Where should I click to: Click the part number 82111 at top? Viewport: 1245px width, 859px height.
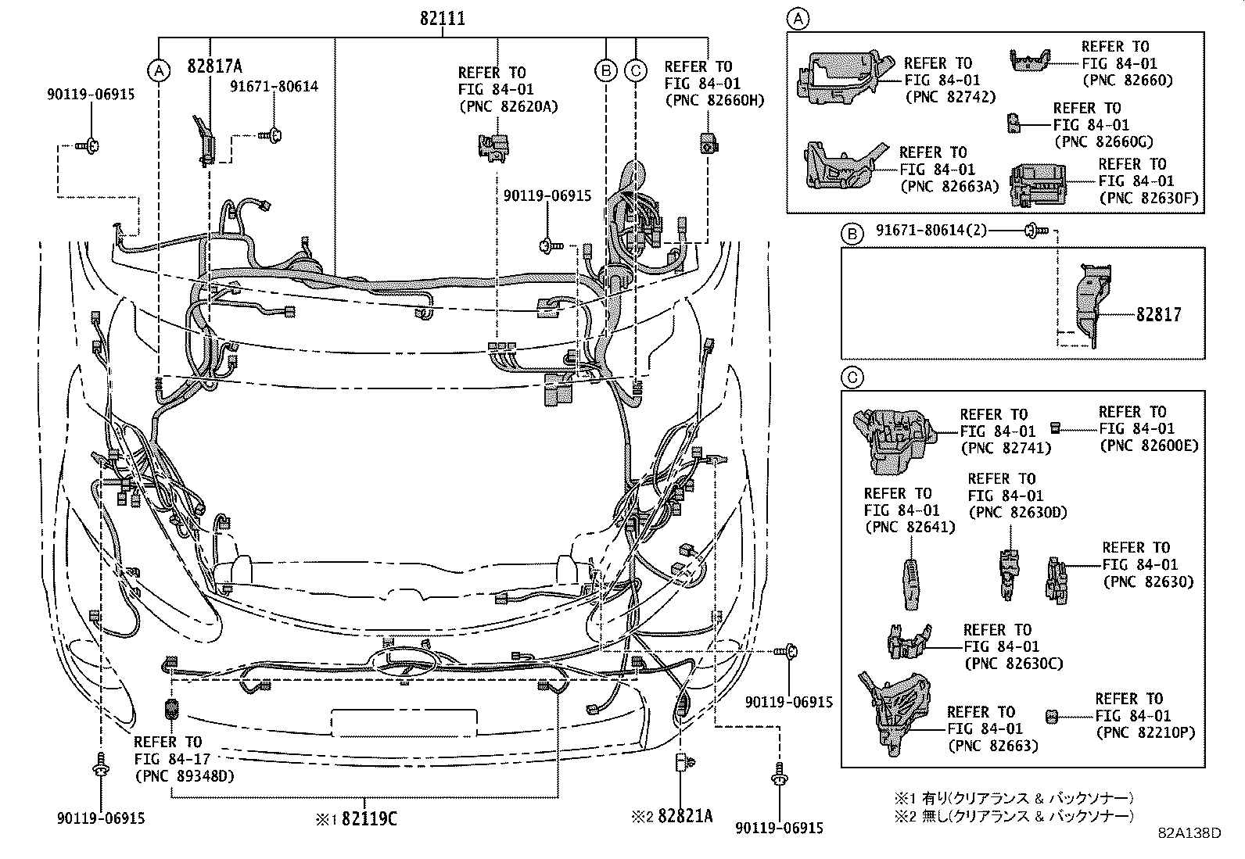(442, 17)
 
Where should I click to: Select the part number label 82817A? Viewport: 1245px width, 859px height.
(213, 66)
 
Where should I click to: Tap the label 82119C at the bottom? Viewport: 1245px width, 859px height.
(368, 818)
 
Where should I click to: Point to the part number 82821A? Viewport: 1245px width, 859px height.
(685, 816)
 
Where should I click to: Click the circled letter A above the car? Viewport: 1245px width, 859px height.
(159, 71)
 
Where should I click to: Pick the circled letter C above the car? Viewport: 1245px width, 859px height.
(636, 71)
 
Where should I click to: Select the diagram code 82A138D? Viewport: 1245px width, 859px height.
(1189, 833)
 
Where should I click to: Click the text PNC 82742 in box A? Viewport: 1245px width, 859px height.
(950, 97)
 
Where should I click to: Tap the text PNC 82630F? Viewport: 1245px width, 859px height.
(1147, 198)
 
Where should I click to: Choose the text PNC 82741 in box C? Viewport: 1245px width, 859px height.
(1005, 448)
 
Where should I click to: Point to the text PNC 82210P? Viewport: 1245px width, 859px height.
(1146, 732)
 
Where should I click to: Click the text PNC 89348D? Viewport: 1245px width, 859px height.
(184, 775)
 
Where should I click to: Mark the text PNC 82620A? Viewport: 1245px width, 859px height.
(508, 106)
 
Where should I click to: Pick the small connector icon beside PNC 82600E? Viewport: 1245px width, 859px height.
(1054, 427)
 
